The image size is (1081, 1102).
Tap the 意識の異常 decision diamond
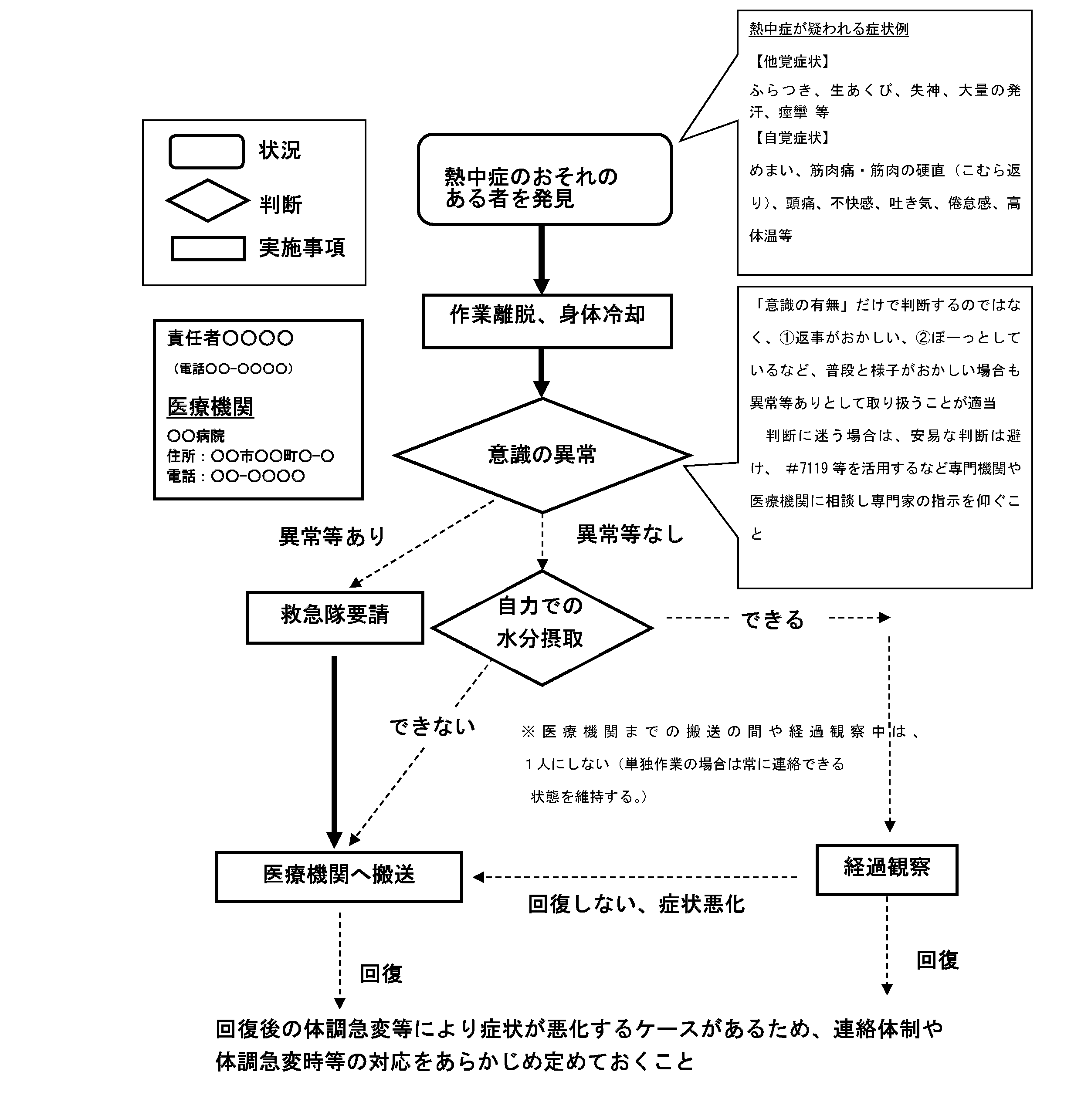[542, 455]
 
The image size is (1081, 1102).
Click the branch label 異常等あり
[332, 536]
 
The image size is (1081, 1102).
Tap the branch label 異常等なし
[630, 534]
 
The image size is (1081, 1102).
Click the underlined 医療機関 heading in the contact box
[210, 406]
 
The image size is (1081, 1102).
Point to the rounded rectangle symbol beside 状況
[207, 152]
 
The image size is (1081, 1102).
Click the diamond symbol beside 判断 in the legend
[207, 201]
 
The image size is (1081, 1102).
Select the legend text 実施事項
[302, 248]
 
